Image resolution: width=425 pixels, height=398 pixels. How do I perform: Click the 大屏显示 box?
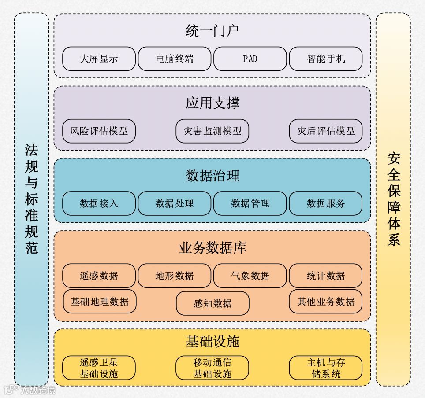coord(99,59)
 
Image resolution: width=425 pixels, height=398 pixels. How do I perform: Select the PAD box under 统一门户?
coord(250,59)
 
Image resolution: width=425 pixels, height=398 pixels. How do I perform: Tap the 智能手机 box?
coord(326,59)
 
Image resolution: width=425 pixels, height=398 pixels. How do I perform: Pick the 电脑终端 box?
coord(175,59)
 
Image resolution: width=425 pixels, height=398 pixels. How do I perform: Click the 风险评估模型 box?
coord(99,131)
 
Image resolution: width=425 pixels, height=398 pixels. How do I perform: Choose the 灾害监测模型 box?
coord(212,131)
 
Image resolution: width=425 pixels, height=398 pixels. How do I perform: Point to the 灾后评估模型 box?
coord(326,131)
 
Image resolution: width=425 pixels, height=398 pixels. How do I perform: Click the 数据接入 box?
coord(99,203)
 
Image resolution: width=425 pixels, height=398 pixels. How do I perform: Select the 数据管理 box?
coord(250,203)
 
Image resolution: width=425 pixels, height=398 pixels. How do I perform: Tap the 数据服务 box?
coord(326,203)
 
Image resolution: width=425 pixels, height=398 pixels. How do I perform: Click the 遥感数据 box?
coord(99,276)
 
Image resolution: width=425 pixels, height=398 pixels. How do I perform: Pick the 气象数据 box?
coord(250,276)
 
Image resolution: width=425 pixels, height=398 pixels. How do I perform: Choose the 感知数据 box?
coord(212,303)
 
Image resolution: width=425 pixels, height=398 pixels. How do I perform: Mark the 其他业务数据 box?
coord(326,302)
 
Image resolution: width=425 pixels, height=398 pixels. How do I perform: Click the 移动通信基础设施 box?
coord(212,368)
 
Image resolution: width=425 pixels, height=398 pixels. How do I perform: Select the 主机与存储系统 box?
coord(326,368)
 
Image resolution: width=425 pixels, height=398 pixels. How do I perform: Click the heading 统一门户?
coord(212,31)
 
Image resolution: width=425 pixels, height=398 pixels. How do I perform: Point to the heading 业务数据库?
coord(212,248)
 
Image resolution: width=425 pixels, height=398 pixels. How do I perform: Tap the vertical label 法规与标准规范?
coord(31,199)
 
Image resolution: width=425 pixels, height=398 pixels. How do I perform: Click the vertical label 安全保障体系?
coord(393,199)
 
